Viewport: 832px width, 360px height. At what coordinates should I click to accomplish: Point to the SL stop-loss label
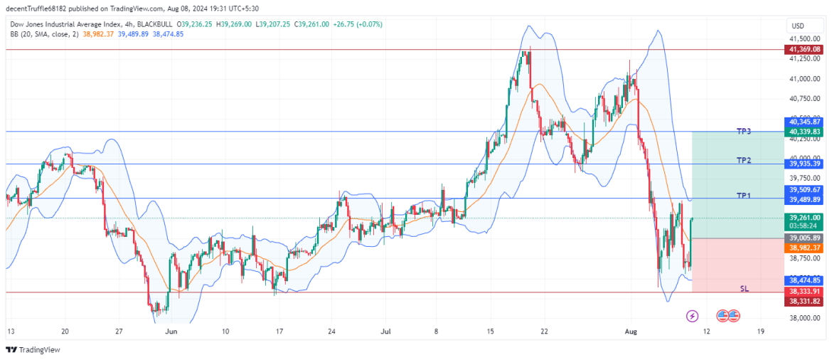click(745, 289)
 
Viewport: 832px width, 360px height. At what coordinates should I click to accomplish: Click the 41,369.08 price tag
click(804, 49)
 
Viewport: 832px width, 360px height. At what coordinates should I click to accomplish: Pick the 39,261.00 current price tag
click(804, 218)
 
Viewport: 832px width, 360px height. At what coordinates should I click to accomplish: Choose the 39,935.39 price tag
click(804, 164)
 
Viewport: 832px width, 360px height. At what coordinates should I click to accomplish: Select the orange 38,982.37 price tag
click(804, 248)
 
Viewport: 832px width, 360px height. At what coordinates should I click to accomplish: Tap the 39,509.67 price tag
click(804, 190)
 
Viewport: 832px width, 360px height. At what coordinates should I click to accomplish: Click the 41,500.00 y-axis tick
click(805, 39)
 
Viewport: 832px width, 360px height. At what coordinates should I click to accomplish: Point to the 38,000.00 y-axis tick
click(805, 319)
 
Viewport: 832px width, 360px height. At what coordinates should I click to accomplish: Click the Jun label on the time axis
click(171, 332)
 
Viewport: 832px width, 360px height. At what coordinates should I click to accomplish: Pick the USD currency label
click(797, 26)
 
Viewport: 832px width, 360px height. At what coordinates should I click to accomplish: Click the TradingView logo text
click(39, 349)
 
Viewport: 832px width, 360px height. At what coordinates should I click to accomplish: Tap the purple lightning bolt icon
click(692, 315)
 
